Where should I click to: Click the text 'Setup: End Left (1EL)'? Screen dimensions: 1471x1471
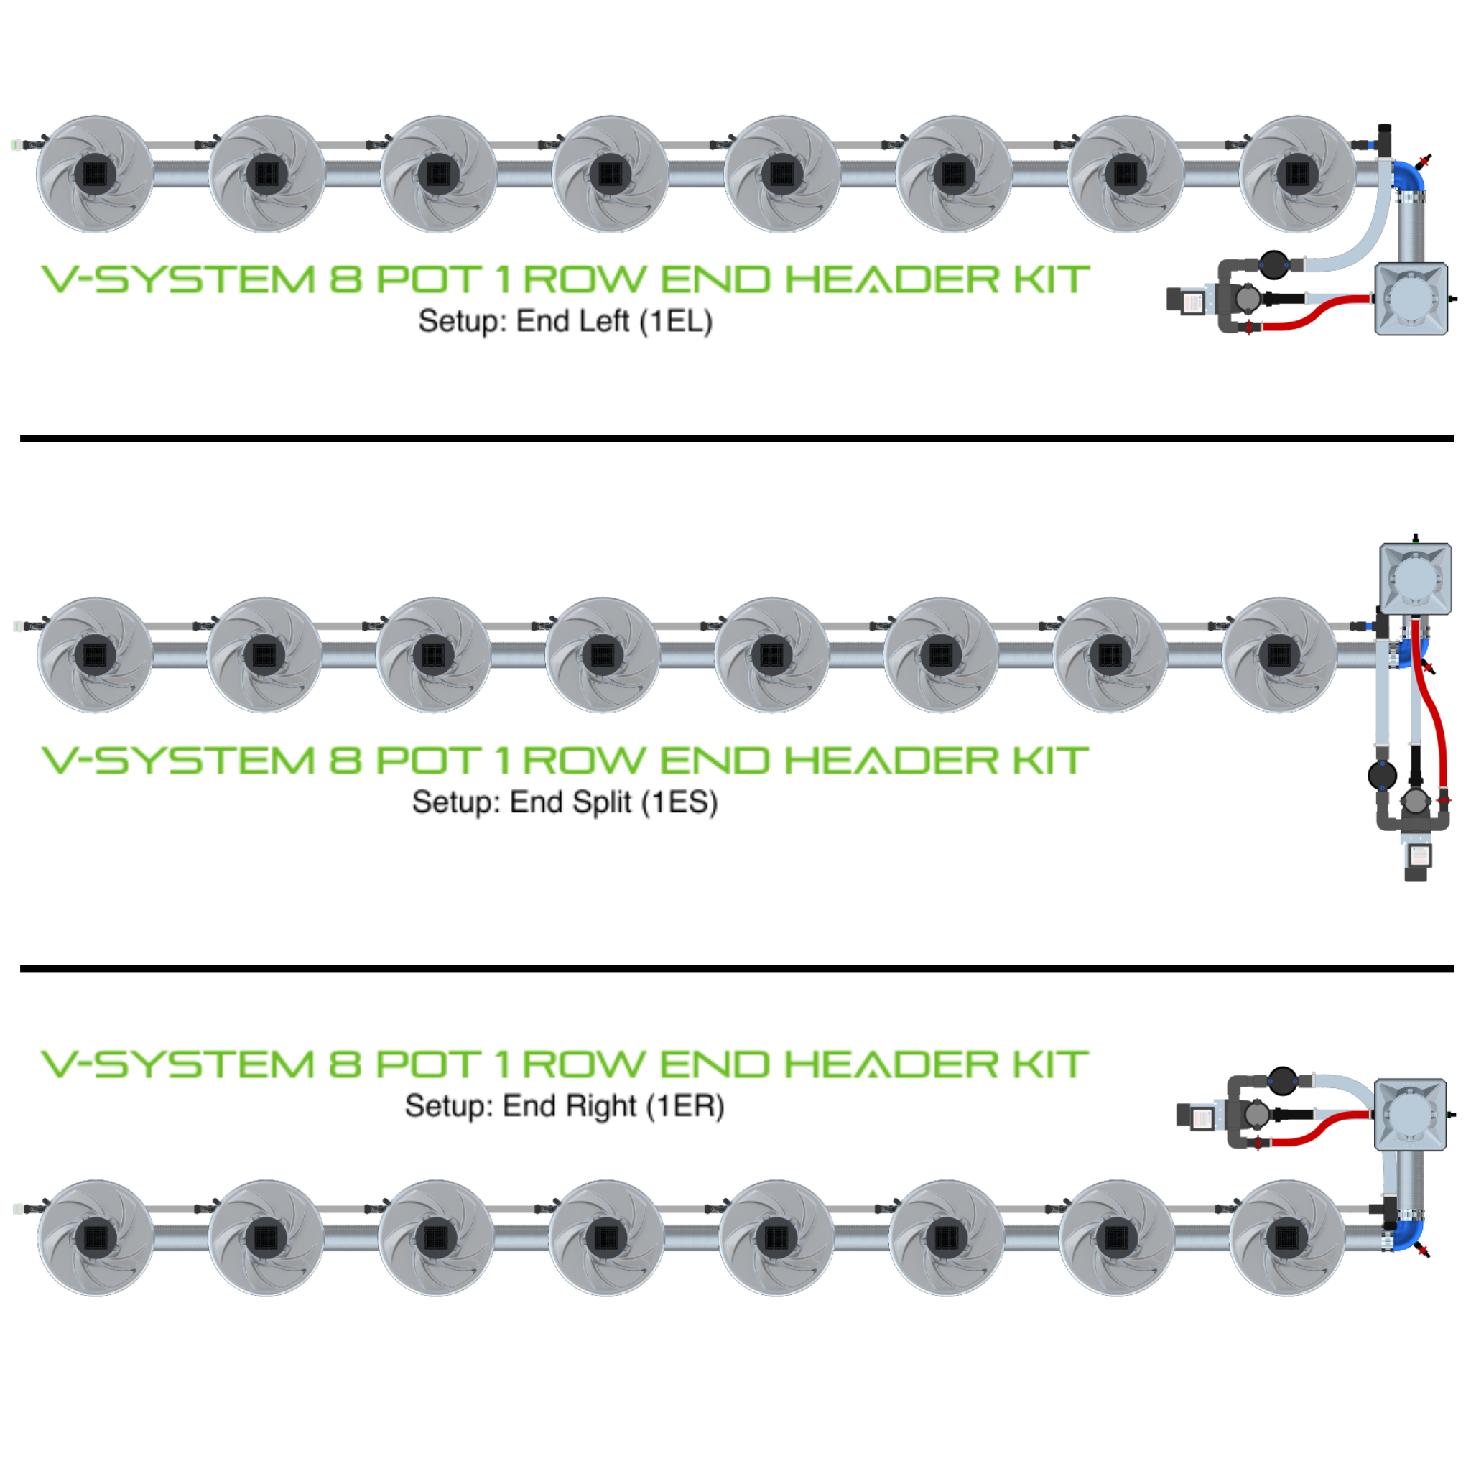[x=565, y=321]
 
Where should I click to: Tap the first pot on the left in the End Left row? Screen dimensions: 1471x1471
[x=96, y=174]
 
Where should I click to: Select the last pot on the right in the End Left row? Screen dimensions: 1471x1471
[x=1297, y=174]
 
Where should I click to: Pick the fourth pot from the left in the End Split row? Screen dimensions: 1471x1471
[x=602, y=655]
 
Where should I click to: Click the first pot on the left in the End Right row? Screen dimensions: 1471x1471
[x=96, y=1238]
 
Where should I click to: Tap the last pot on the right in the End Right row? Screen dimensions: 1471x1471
[x=1286, y=1238]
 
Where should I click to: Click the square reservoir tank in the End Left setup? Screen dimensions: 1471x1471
[x=1411, y=299]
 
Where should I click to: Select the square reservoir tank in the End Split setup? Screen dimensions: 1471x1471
[x=1416, y=579]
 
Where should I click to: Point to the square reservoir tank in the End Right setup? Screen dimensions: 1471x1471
[x=1410, y=1114]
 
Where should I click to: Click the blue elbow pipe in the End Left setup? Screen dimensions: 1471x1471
[x=1409, y=177]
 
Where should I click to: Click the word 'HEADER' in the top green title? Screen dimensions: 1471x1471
[x=891, y=279]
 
